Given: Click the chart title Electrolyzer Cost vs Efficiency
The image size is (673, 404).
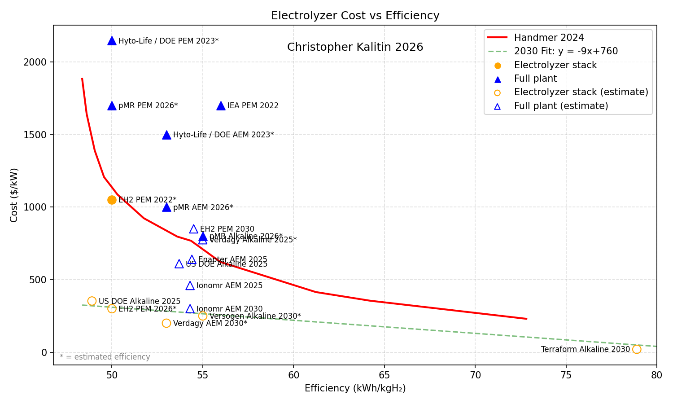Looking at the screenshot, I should (x=355, y=16).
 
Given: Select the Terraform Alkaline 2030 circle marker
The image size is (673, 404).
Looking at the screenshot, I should (x=636, y=349).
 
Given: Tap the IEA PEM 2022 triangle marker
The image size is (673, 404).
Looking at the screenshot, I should (x=221, y=106).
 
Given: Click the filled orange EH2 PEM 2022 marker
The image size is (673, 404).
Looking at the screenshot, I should (x=112, y=200).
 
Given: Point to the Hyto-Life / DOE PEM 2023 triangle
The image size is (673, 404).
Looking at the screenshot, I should (x=112, y=41).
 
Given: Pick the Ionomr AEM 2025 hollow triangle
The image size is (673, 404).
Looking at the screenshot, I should (x=190, y=286).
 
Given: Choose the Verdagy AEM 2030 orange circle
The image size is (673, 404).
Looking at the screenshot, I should (x=166, y=323).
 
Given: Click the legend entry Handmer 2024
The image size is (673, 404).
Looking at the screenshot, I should (x=549, y=38).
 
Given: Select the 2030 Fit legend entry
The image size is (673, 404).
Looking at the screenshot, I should (x=566, y=51).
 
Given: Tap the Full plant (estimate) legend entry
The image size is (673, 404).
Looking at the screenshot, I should (x=561, y=106).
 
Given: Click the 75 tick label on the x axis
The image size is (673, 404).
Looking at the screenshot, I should (x=566, y=375).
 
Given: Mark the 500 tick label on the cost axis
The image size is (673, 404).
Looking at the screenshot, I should (x=40, y=280).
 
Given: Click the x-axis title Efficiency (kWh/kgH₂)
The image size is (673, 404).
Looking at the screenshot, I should (x=355, y=388).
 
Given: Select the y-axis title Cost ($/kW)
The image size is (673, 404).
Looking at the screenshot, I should (x=14, y=195).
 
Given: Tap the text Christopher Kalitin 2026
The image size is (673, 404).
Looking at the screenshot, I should (x=355, y=47).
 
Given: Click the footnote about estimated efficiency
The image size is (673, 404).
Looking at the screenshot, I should (x=105, y=357).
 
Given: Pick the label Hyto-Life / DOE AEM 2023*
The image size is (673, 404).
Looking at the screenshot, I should (x=223, y=135).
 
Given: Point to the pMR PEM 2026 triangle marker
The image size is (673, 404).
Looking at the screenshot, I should (x=112, y=106).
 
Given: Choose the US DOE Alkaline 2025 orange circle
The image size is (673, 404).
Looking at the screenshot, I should (x=92, y=301).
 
